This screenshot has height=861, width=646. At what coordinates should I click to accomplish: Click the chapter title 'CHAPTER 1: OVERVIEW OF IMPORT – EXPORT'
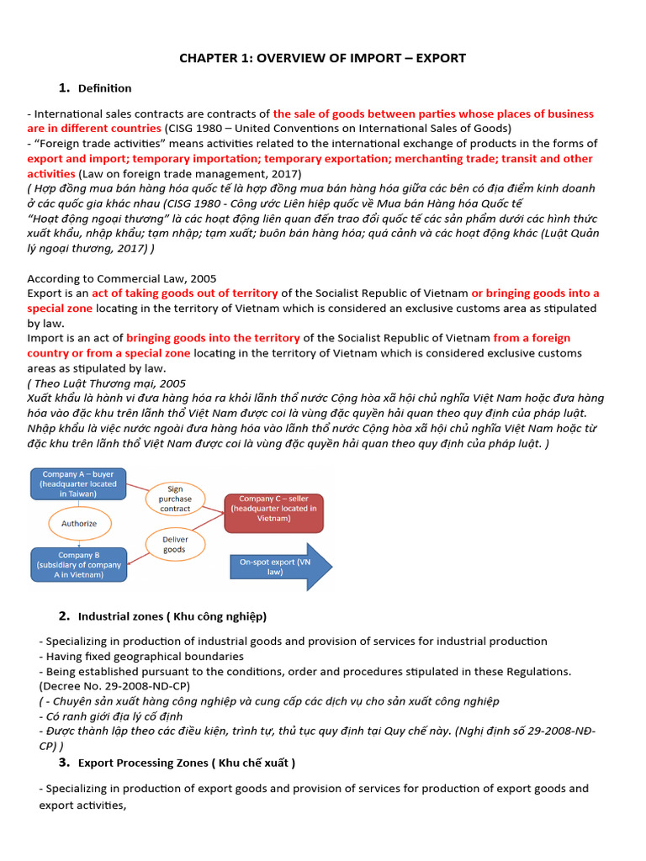pos(322,58)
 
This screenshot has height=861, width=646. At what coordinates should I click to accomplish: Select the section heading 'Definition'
pos(104,88)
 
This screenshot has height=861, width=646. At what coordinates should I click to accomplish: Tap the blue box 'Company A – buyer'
pos(79,484)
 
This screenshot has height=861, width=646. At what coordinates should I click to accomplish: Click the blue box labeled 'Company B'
pos(79,564)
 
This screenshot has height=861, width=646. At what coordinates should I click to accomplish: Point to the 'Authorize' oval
pos(79,523)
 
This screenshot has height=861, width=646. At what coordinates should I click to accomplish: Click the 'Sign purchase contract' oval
pos(175,499)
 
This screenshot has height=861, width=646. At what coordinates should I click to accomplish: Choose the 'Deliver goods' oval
pos(175,544)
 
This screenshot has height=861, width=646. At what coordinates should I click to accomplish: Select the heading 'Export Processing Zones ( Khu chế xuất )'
pos(186,763)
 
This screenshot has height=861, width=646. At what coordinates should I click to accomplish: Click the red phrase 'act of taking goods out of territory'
pos(185,293)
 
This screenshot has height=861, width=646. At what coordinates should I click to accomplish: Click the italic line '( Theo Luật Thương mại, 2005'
pos(107,383)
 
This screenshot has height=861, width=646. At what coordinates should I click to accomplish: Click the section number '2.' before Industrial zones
pos(64,616)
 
